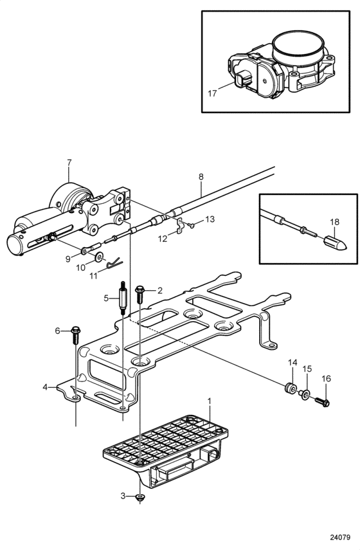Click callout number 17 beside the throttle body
coord(212,94)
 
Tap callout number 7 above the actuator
coord(69,163)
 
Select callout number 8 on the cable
coord(201,177)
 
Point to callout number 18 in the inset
coord(335,222)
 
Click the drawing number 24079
coord(340,537)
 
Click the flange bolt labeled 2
coord(140,294)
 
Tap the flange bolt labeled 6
coord(76,335)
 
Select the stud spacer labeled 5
coord(123,298)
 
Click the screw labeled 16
coord(322,402)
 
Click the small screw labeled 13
coord(191,225)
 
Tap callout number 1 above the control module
coord(210,401)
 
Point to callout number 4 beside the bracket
coord(45,387)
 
